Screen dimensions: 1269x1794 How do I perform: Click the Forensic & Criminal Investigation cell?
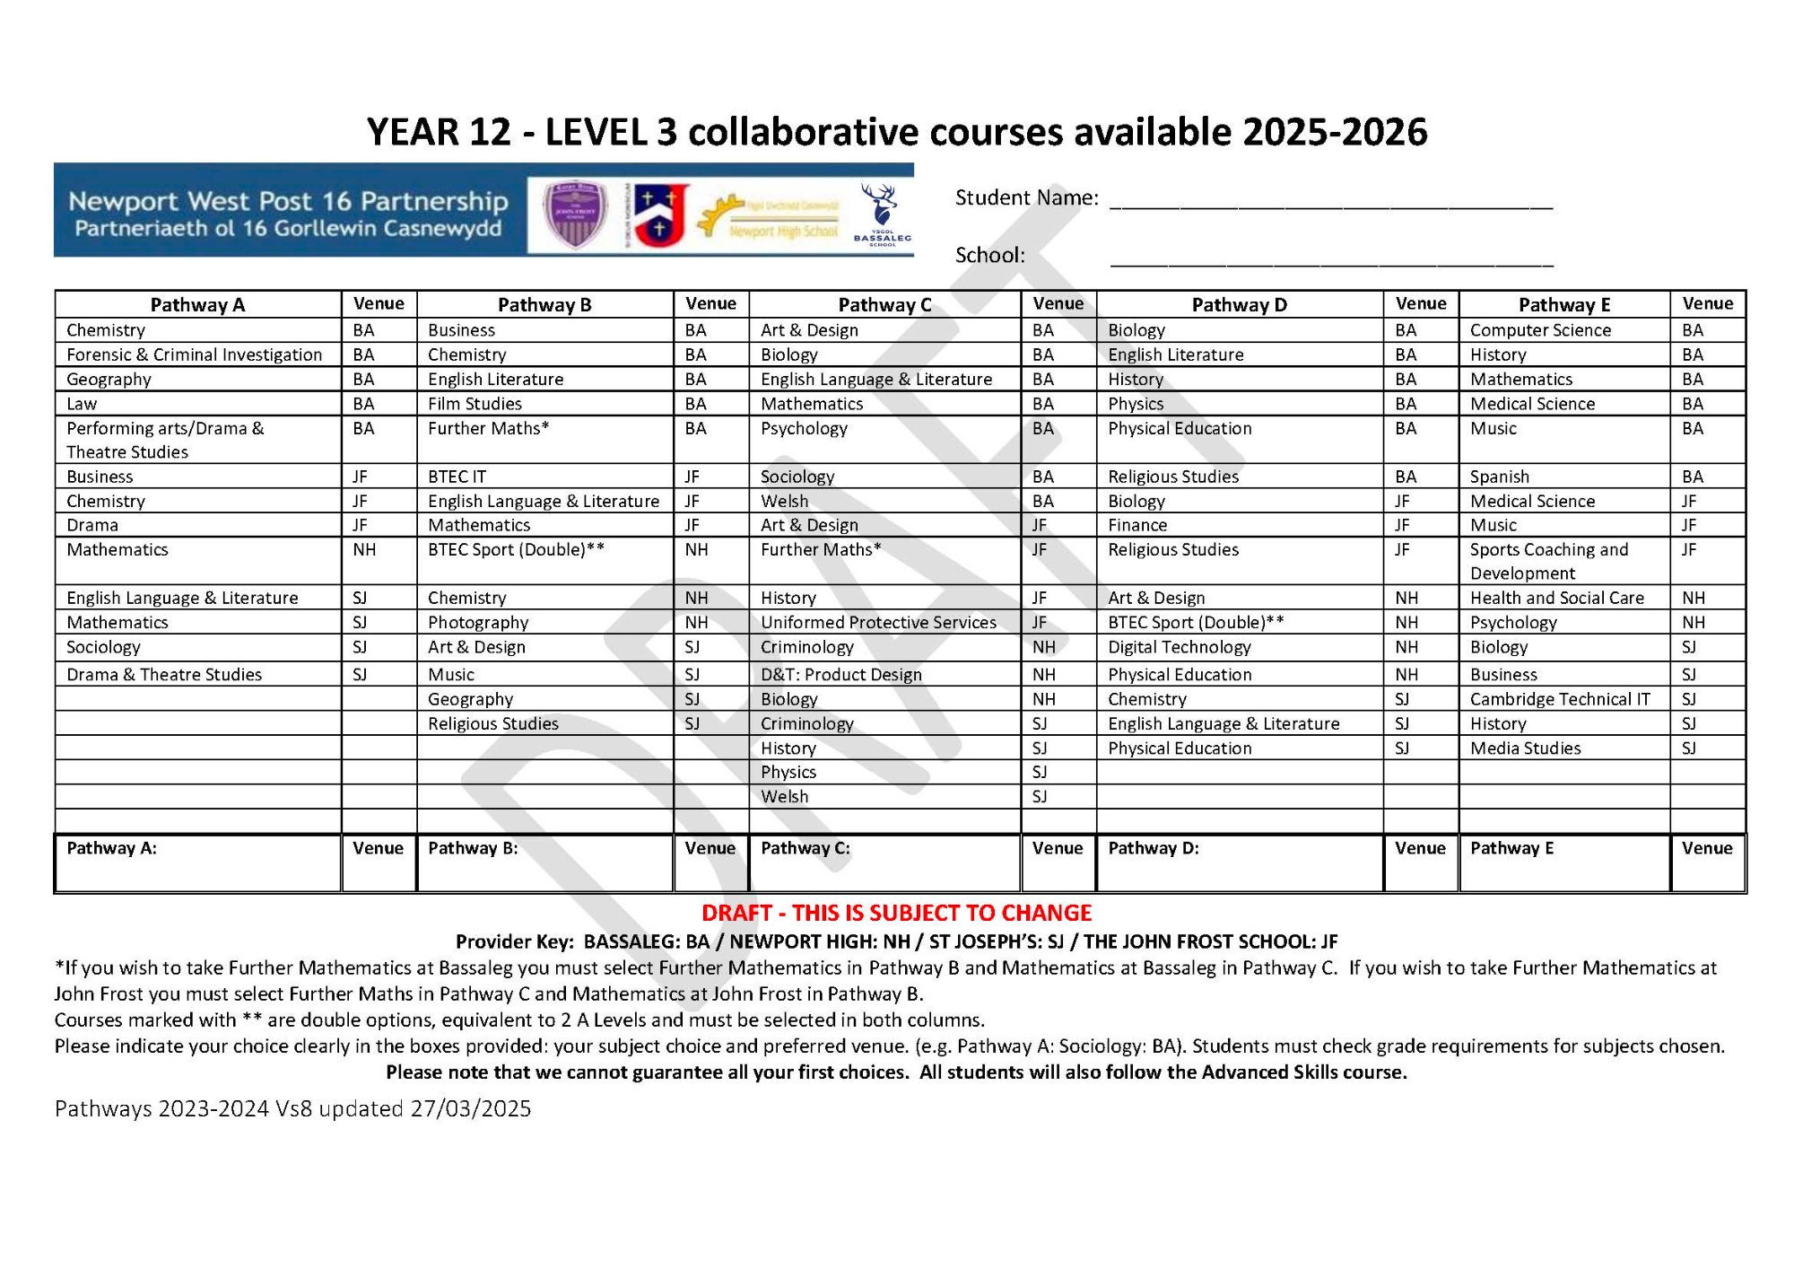194,354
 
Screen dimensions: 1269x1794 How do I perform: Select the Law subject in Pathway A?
82,404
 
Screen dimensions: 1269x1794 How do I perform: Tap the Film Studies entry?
475,404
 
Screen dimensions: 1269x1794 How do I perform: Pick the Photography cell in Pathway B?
478,622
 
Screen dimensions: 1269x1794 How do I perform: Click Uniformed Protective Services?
878,622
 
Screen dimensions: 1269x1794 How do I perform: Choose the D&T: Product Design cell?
840,674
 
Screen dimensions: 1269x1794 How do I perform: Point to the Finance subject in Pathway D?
1137,525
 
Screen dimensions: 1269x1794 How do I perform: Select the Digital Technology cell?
1179,647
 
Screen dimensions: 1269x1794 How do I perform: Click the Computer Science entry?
1540,330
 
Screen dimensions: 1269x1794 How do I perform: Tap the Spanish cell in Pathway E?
1499,477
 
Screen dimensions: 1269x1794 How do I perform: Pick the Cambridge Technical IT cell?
1560,699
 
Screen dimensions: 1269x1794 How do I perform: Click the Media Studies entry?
1525,748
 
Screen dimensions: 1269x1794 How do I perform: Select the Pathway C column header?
884,304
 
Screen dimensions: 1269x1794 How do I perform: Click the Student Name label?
1026,197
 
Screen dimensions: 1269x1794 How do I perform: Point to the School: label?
989,255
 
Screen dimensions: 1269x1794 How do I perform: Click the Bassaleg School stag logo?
882,214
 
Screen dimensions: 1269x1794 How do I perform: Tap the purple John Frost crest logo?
576,214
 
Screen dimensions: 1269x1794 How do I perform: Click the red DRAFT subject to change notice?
896,913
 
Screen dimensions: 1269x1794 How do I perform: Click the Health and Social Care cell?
1556,598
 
